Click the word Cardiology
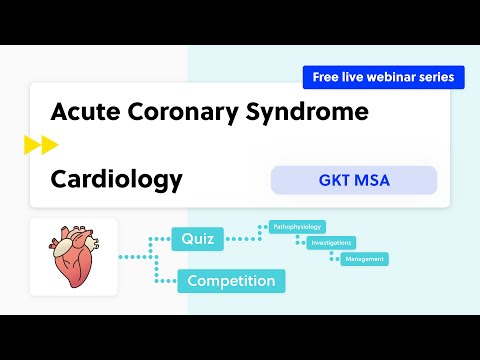click(x=116, y=179)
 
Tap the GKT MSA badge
click(x=353, y=180)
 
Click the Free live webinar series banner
click(x=383, y=77)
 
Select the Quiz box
click(x=197, y=239)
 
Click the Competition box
click(x=231, y=281)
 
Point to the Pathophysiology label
click(x=298, y=228)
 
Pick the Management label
click(x=364, y=259)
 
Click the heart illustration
click(x=73, y=257)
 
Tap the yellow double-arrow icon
click(x=41, y=146)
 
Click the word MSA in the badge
click(x=373, y=180)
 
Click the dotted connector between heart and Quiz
click(x=140, y=256)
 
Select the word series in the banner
click(x=437, y=77)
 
